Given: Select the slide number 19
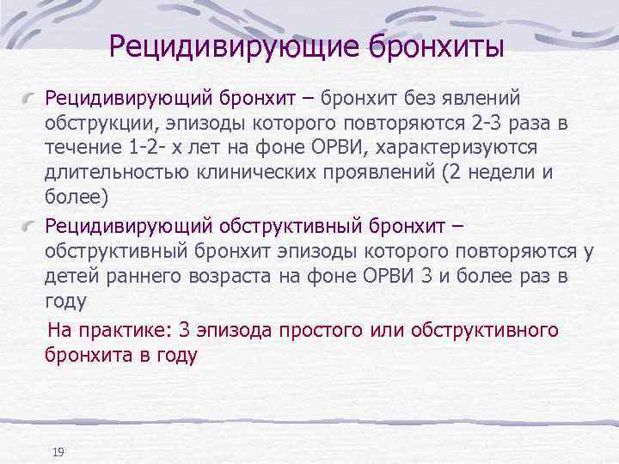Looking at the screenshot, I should point(58,452).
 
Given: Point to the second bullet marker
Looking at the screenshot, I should point(32,225).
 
